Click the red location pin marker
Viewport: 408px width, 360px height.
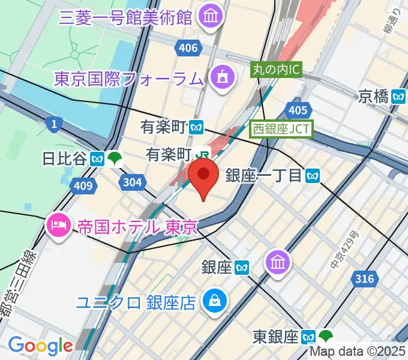coord(203,178)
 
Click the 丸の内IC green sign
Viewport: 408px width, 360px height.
coord(275,70)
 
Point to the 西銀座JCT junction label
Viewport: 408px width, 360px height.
coord(282,128)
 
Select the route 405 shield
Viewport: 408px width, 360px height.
coord(298,110)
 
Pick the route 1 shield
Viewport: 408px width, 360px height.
coord(55,124)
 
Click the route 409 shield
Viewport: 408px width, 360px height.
coord(83,186)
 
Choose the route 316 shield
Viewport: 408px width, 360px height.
coord(364,278)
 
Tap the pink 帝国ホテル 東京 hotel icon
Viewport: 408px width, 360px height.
coord(59,226)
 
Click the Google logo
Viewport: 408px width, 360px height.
coord(40,345)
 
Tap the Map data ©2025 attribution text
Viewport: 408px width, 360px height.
coord(358,353)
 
